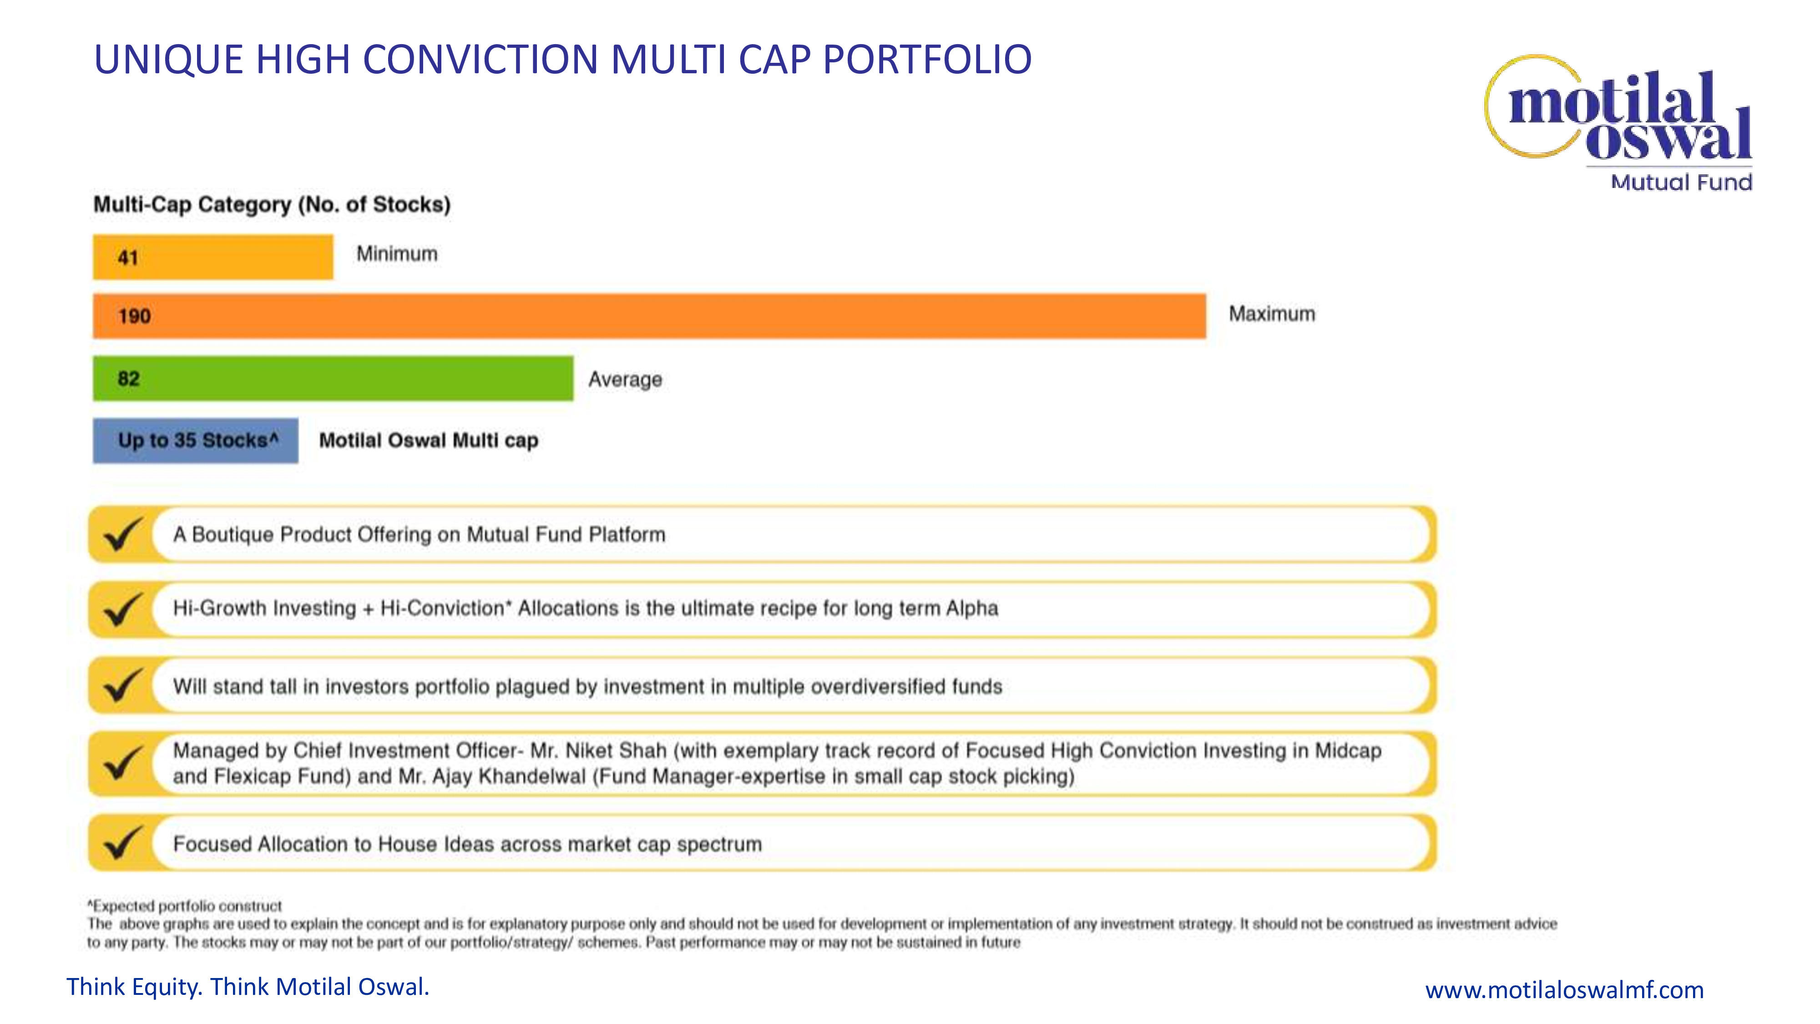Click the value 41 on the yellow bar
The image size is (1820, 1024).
(x=128, y=257)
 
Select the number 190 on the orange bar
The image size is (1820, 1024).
(x=134, y=316)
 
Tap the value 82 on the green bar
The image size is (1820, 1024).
(x=129, y=379)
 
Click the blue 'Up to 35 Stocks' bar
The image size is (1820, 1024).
(x=196, y=440)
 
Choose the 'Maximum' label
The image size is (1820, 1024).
(x=1272, y=314)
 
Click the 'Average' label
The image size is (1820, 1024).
(x=625, y=380)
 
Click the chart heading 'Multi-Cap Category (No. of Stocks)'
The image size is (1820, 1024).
(x=272, y=204)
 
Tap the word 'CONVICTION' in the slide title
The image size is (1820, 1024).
(x=480, y=59)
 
